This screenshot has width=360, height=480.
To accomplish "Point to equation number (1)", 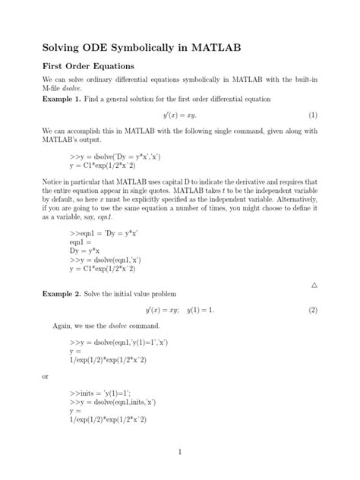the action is pyautogui.click(x=312, y=115).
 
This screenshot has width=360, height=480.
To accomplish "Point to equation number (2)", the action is pyautogui.click(x=312, y=310).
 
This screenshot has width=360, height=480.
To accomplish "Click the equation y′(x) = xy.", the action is pyautogui.click(x=180, y=115).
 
